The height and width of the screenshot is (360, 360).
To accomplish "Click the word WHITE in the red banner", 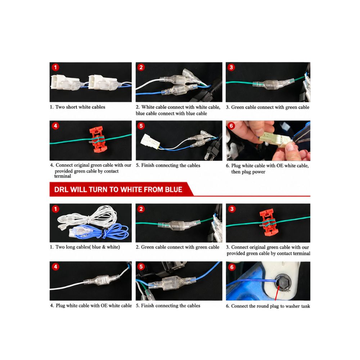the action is click(133, 190).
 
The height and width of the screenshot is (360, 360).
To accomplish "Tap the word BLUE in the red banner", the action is click(174, 190).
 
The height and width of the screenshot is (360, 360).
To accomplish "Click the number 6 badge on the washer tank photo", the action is click(232, 267).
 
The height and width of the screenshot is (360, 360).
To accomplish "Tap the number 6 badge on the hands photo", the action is click(231, 126).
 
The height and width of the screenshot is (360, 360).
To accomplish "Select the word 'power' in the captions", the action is click(259, 172).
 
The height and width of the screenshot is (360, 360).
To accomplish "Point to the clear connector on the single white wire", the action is click(102, 281).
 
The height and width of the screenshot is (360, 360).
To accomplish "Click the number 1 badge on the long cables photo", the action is click(55, 209).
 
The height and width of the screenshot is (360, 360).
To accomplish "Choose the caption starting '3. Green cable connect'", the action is click(267, 107).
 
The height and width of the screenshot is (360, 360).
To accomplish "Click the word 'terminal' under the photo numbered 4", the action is click(63, 176).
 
